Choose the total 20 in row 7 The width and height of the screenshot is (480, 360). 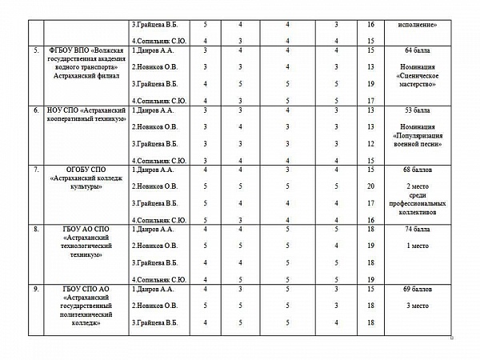(370, 186)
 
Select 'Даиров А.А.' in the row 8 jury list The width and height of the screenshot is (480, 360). (153, 230)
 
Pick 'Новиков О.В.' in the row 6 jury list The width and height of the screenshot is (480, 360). (154, 126)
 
